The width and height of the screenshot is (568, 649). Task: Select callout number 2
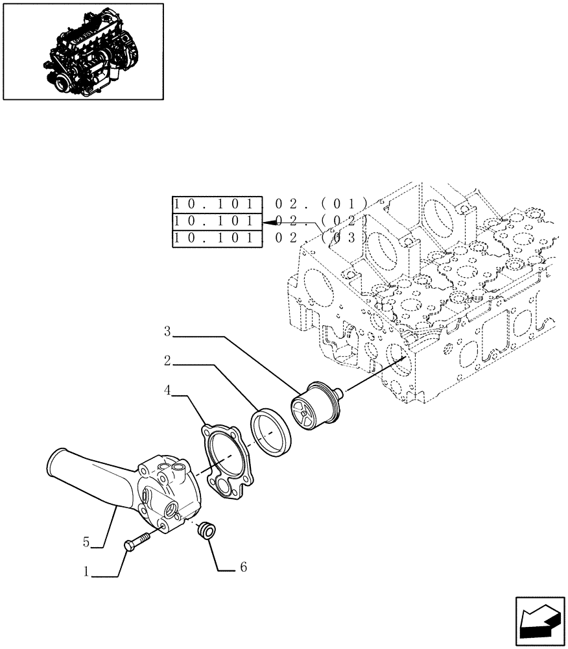pyautogui.click(x=167, y=360)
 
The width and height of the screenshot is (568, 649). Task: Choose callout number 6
pyautogui.click(x=243, y=567)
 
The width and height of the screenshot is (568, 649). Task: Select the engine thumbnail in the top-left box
pyautogui.click(x=82, y=52)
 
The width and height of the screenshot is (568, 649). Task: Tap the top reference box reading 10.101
pyautogui.click(x=217, y=202)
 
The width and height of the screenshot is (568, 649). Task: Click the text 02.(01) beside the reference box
pyautogui.click(x=321, y=202)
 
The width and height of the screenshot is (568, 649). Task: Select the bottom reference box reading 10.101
pyautogui.click(x=217, y=239)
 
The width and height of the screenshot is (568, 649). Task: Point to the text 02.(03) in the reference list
pyautogui.click(x=321, y=239)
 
